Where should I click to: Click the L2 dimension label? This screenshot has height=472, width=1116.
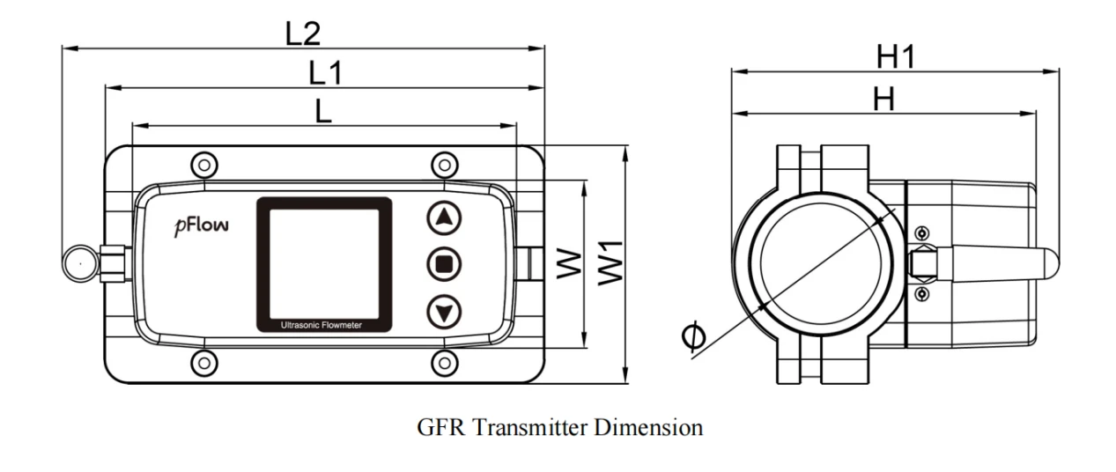tap(302, 33)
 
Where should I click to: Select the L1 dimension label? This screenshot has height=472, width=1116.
tap(326, 73)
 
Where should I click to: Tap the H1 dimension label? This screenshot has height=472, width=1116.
tap(895, 56)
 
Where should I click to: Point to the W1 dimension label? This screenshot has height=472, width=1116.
tap(610, 263)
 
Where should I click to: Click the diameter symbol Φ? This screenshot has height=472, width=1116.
tap(693, 336)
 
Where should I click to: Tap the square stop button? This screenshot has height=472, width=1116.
tap(444, 264)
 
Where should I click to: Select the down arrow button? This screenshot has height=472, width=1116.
tap(444, 313)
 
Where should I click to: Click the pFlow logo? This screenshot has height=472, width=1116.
tap(202, 226)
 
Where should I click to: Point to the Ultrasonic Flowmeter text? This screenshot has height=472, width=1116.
tap(321, 325)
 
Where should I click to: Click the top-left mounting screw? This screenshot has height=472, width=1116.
tap(204, 165)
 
